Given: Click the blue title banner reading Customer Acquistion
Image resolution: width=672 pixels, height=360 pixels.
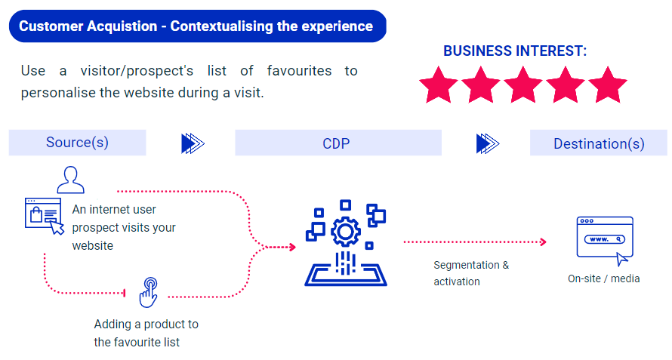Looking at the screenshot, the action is click(198, 26).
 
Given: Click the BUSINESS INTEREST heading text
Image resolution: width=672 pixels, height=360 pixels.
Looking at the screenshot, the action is click(515, 51).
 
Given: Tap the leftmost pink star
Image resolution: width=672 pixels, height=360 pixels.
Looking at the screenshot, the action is click(439, 85).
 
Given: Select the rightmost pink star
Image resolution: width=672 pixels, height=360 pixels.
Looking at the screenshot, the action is click(608, 85).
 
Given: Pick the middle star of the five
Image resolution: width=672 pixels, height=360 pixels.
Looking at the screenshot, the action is click(522, 85).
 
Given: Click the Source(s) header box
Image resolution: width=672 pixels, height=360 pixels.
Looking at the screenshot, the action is click(78, 143).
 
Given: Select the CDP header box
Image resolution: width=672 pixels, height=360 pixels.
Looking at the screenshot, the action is click(338, 143).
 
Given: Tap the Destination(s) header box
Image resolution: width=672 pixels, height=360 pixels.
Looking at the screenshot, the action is click(599, 143).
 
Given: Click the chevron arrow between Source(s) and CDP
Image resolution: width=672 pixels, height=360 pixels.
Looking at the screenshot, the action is click(193, 143).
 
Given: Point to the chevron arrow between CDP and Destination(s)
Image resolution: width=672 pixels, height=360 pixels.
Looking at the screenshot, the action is click(488, 143).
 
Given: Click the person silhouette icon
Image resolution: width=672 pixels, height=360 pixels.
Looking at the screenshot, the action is click(71, 180).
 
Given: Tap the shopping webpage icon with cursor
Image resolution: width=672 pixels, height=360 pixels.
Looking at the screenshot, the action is click(44, 216).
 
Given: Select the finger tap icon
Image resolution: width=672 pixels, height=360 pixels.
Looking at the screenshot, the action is click(149, 292).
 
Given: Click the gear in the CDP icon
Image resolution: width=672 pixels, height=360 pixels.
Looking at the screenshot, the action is click(345, 232).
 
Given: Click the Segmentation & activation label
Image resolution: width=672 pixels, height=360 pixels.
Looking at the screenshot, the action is click(471, 273).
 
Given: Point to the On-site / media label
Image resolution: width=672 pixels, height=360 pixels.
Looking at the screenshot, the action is click(604, 278).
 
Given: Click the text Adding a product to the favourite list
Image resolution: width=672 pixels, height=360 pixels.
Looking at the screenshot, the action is click(146, 333).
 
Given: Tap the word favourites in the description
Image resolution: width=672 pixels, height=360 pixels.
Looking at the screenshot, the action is click(299, 71).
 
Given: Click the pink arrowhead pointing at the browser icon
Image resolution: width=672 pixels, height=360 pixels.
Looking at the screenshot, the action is click(544, 242).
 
